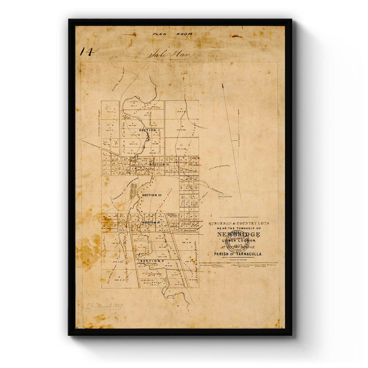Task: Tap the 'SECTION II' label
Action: [x=159, y=164]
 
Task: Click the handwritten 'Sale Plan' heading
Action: [x=171, y=55]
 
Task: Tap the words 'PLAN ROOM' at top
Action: [x=172, y=34]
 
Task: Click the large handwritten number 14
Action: [x=86, y=52]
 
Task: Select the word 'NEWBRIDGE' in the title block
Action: [x=239, y=235]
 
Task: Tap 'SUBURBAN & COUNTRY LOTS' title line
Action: [x=239, y=223]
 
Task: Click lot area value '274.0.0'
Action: [x=182, y=112]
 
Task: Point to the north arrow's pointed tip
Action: [x=222, y=84]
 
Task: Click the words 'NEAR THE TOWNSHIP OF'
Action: [x=239, y=228]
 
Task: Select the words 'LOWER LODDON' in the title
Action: [x=238, y=241]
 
